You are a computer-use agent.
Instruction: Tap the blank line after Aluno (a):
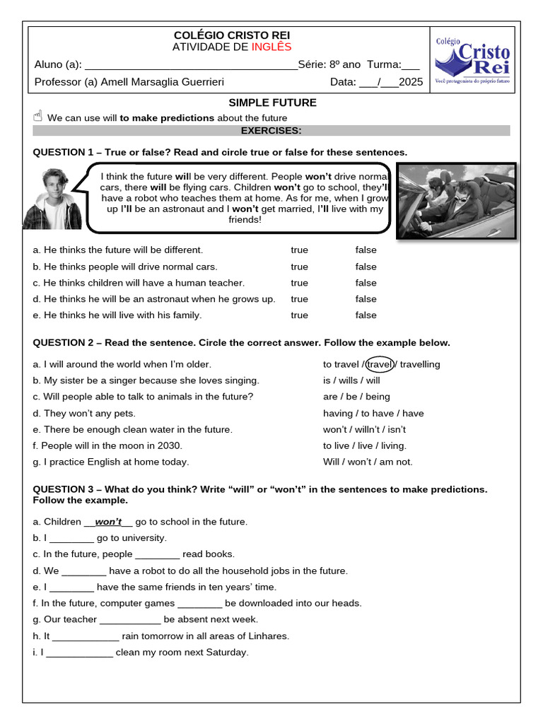point(191,66)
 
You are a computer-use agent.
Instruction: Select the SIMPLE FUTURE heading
point(272,103)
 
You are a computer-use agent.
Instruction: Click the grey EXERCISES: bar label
point(271,131)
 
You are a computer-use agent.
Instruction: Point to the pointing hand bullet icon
point(38,117)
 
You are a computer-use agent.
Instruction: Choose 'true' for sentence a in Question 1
point(299,250)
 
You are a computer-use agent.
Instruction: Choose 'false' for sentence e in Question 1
point(366,315)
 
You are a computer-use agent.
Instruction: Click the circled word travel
point(380,364)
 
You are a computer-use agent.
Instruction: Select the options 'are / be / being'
point(356,397)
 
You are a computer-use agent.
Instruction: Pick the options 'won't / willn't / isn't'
point(364,429)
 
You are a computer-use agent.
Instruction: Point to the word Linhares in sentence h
point(267,636)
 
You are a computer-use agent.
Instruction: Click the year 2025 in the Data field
point(411,82)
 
